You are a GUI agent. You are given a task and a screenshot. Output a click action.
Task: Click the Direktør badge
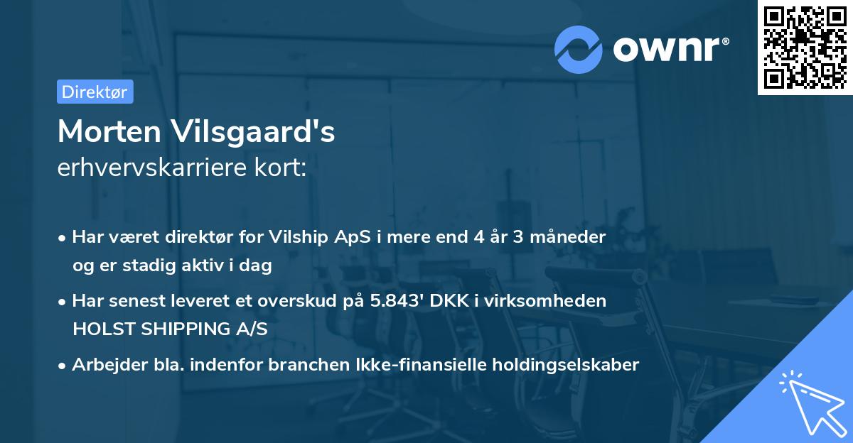[95, 92]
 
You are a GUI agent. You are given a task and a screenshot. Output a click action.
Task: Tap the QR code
[805, 47]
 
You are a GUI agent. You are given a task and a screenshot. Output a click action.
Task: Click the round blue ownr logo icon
[578, 49]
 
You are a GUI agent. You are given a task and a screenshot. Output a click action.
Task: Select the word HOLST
[95, 329]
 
